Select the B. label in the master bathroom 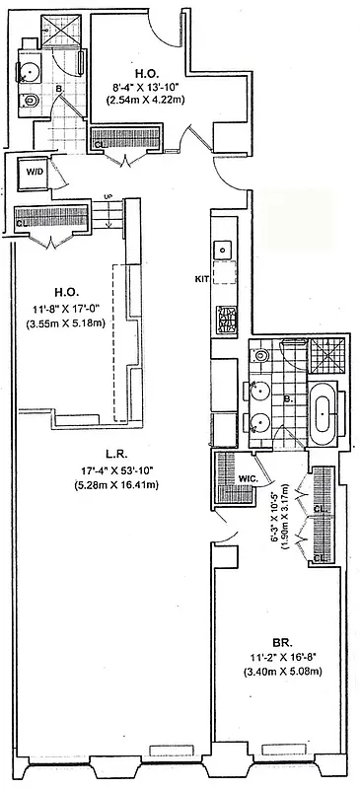click(x=286, y=399)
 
